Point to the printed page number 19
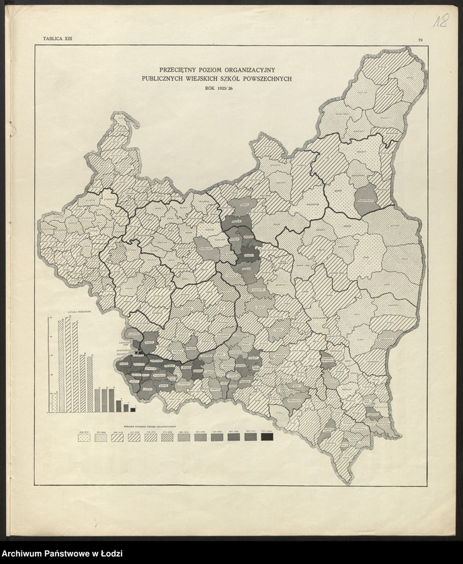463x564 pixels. point(419,41)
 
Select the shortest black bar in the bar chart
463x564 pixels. point(132,409)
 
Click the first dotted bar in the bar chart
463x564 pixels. point(52,402)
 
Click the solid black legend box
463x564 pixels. point(267,437)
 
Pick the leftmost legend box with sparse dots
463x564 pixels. point(84,437)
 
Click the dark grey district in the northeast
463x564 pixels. point(365,199)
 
